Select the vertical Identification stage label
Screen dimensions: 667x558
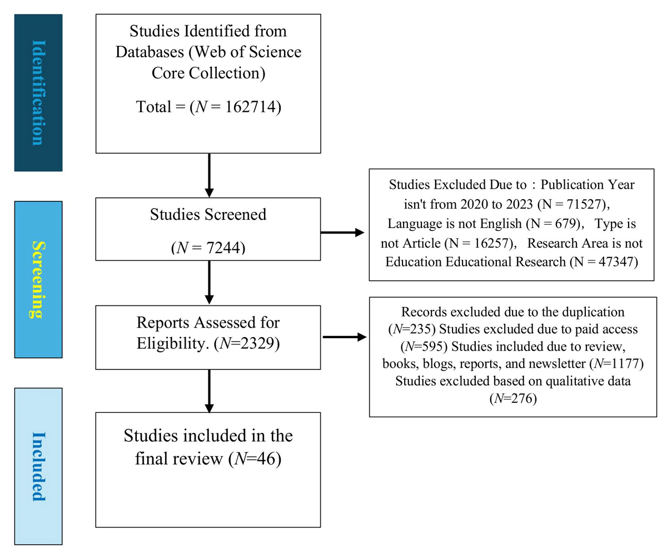[x=39, y=93]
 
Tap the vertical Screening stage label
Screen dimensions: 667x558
[x=39, y=279]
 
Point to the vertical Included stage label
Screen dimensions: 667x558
[x=39, y=467]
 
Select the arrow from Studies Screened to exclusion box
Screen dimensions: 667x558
[x=342, y=233]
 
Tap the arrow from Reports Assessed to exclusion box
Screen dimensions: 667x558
[x=345, y=337]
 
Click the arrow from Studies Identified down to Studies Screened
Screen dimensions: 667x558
[x=209, y=175]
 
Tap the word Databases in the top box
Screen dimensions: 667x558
[x=150, y=52]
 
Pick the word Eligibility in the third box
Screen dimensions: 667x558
[x=171, y=344]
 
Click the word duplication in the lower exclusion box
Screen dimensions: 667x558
[x=593, y=312]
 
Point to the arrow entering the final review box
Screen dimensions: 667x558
[x=209, y=391]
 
